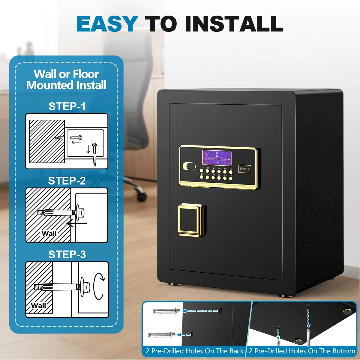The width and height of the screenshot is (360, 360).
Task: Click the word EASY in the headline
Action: pos(107,24)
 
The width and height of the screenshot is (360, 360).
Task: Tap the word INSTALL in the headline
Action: pos(234,24)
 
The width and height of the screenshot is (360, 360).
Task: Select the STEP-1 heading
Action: pos(67,106)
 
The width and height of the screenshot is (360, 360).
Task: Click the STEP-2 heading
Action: pos(67,181)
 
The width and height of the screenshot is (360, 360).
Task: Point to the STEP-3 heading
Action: pos(67,254)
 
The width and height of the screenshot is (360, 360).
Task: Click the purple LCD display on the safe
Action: pos(217,158)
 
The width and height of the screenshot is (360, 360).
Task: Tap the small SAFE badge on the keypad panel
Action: pos(245,169)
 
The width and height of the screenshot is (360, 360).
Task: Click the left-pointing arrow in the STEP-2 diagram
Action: pos(77,223)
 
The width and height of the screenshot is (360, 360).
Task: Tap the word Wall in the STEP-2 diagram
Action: pos(49,233)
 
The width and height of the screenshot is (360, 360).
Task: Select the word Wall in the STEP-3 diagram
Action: pos(38,305)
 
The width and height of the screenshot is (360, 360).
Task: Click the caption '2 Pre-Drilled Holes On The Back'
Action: pos(195,351)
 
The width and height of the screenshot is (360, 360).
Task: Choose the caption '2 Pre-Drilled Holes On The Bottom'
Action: pos(302,351)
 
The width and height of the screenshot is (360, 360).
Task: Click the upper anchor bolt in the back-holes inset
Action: pos(166,311)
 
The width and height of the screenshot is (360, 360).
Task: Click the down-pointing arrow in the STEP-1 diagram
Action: pos(88,149)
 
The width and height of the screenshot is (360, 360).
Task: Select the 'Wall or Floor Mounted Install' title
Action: pos(66,79)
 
